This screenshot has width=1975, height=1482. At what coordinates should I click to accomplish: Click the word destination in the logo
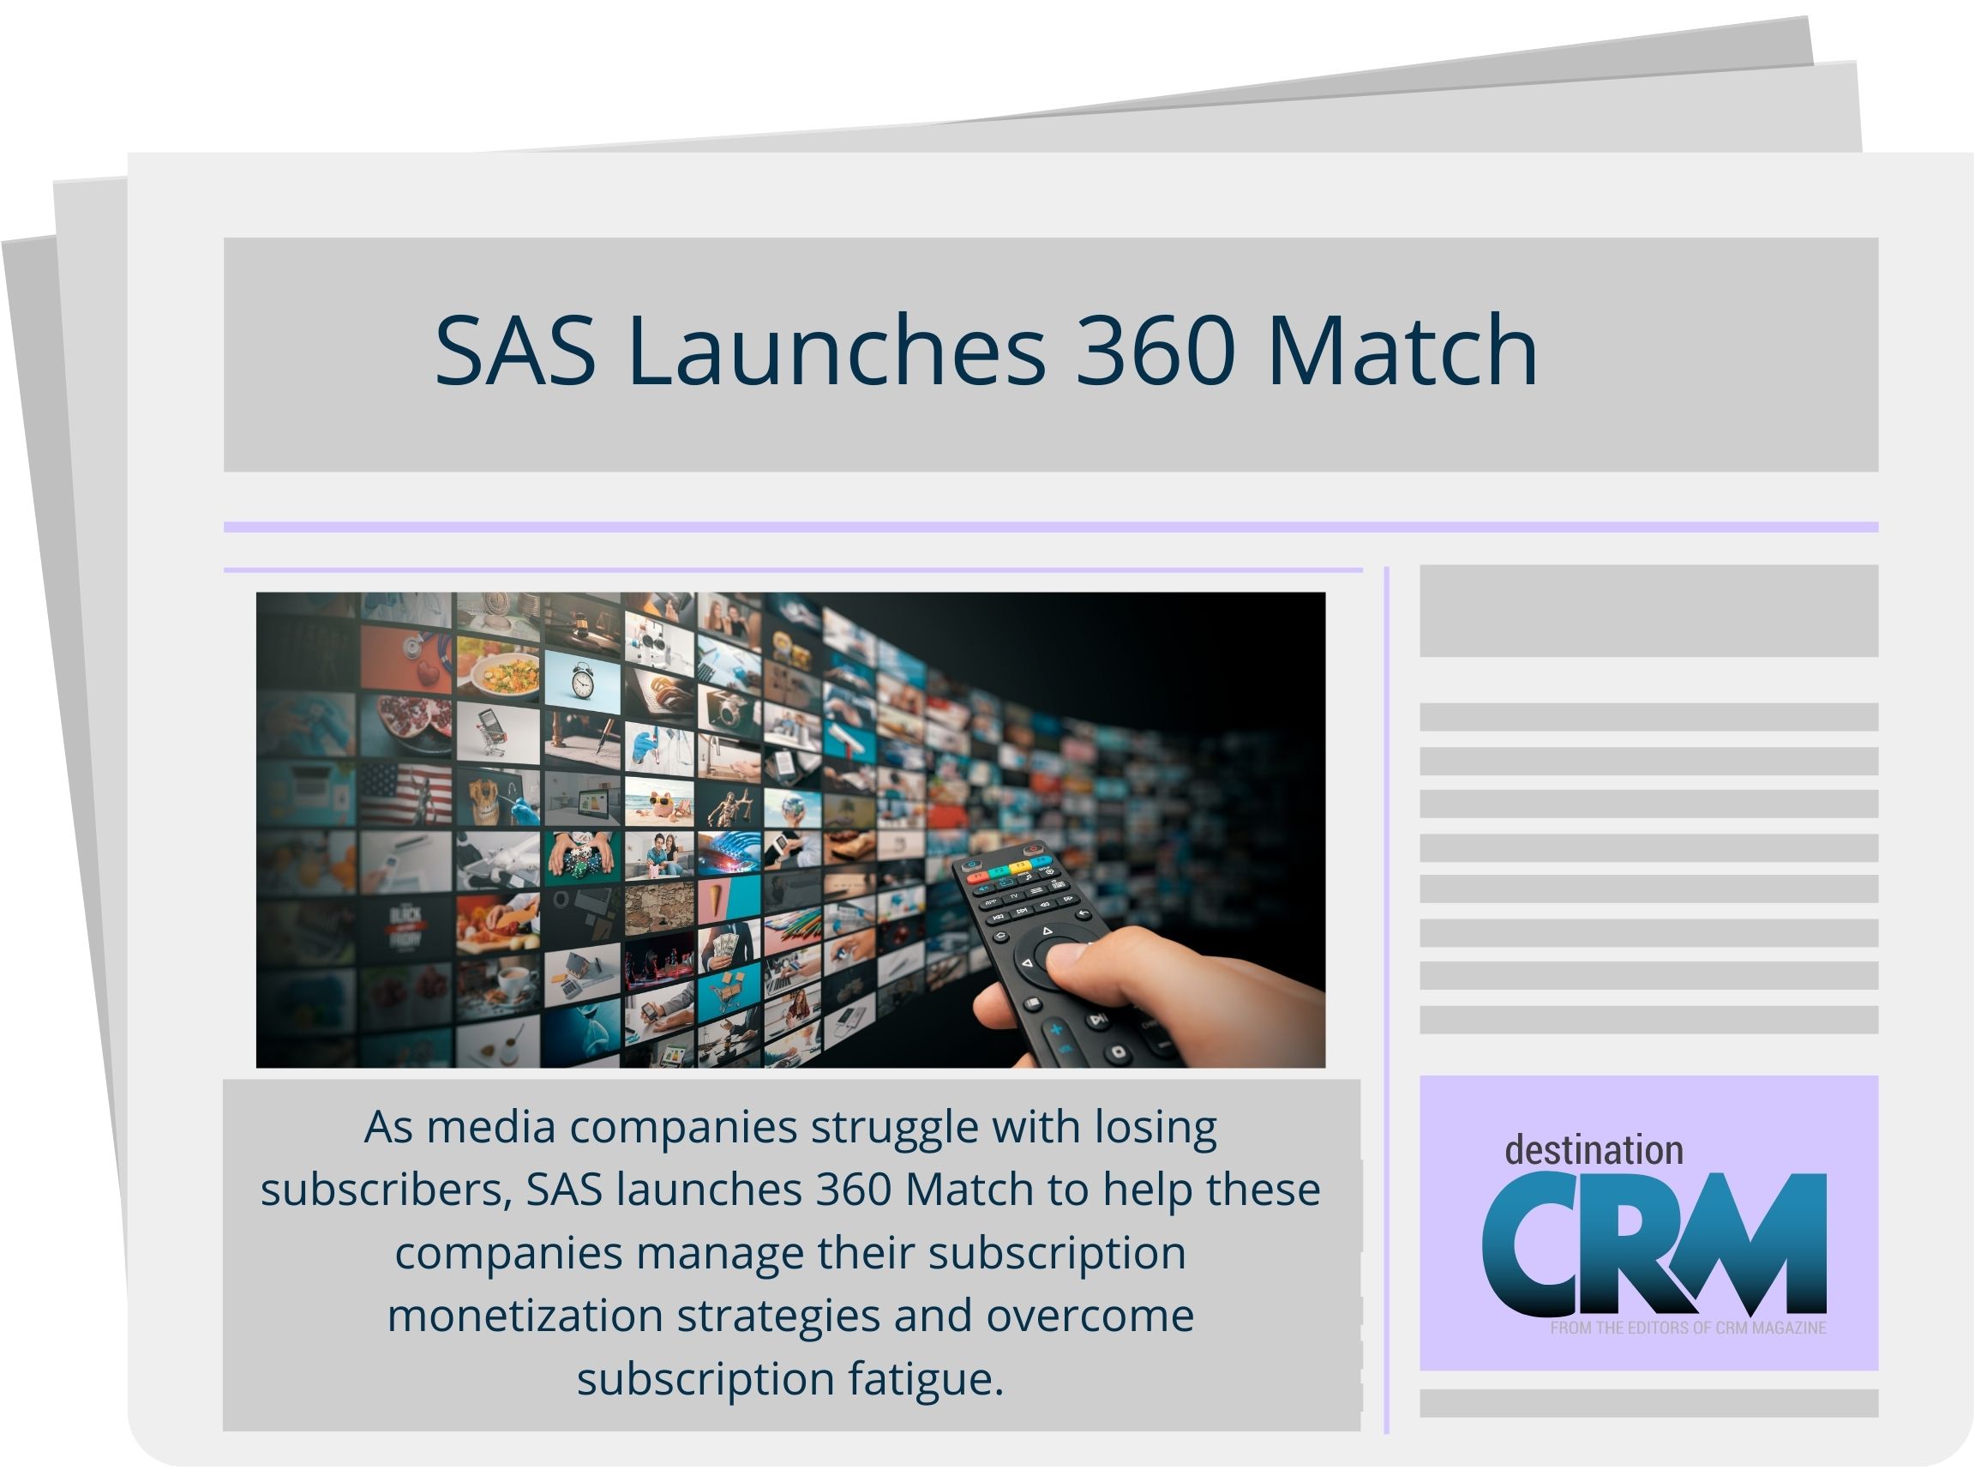point(1594,1151)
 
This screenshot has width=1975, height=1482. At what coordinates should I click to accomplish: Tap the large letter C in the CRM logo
point(1531,1245)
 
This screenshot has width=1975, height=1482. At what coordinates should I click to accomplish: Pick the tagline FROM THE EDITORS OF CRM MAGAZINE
point(1688,1328)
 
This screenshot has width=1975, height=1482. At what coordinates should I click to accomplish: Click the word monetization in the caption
point(524,1316)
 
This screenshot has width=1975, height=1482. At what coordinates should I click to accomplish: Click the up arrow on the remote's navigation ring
point(1048,931)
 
